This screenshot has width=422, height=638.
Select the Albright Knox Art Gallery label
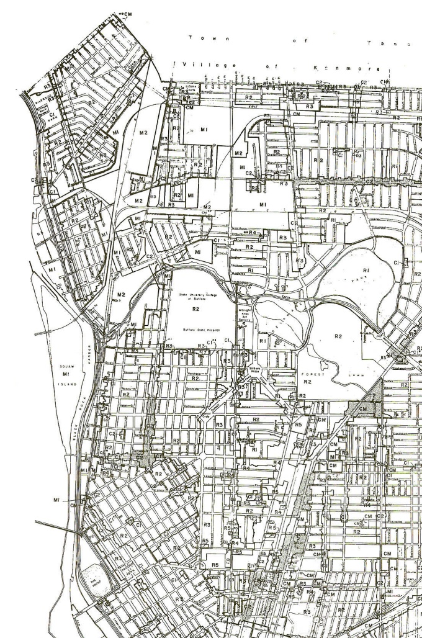[x=244, y=313]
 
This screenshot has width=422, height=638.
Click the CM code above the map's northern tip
[x=128, y=13]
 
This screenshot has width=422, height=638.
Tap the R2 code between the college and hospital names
[x=195, y=307]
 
